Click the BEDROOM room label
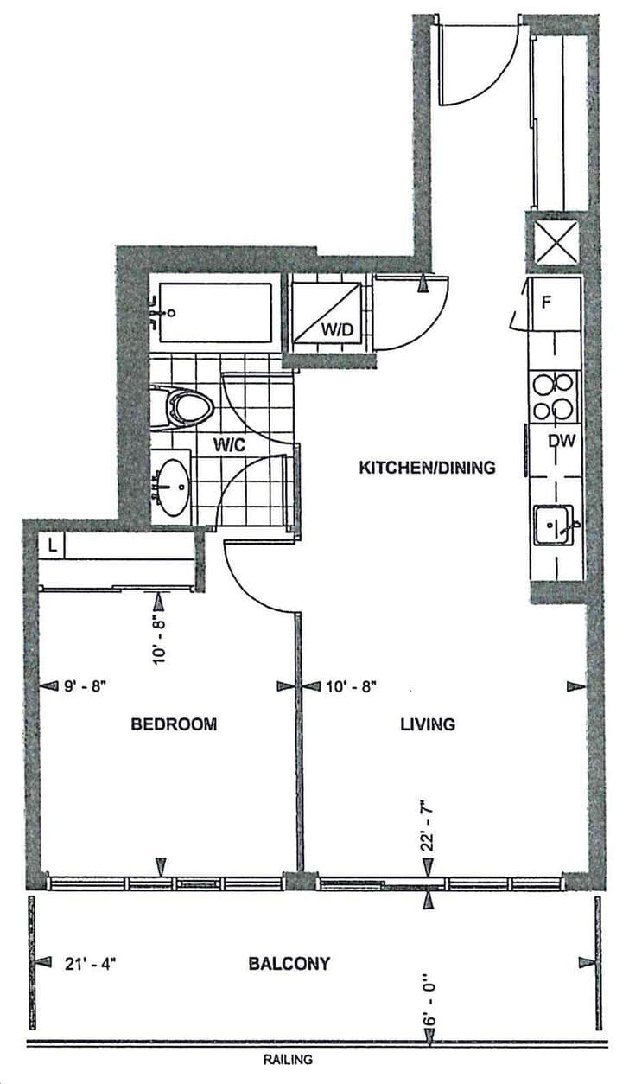pos(174,724)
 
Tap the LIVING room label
pos(427,724)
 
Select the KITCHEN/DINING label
pos(427,468)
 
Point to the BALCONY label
pos(289,963)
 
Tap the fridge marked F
pos(554,303)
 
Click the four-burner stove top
pos(554,396)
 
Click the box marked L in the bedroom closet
pos(53,545)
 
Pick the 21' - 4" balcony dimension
pos(90,963)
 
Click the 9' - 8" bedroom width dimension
pos(86,686)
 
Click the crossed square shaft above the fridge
pos(554,243)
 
